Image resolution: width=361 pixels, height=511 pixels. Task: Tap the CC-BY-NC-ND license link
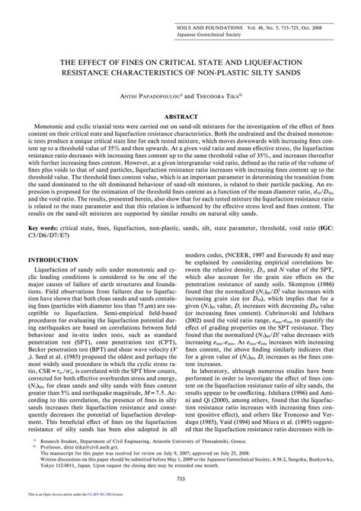96,505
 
